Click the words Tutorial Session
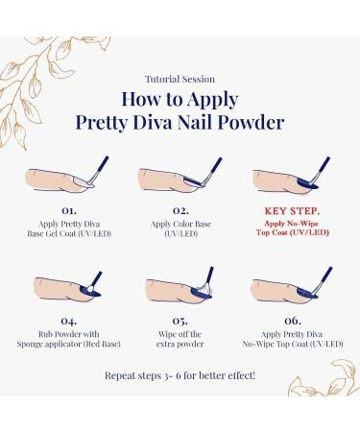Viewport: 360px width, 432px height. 180,79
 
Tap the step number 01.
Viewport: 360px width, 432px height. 69,210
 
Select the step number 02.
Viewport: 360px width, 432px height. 180,210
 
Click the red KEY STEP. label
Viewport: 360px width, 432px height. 292,211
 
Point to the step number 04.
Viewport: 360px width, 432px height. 69,321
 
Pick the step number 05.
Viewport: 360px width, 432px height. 180,321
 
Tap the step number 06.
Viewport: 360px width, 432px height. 293,321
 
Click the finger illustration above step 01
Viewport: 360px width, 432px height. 56,181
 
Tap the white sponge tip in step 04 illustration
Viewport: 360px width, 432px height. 90,289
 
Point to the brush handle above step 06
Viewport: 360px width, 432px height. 324,277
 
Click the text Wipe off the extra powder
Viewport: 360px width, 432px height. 180,339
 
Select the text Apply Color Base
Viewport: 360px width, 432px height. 180,224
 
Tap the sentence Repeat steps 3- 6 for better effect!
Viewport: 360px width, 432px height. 180,375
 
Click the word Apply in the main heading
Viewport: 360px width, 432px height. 212,100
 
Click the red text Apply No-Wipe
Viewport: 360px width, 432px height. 292,224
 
